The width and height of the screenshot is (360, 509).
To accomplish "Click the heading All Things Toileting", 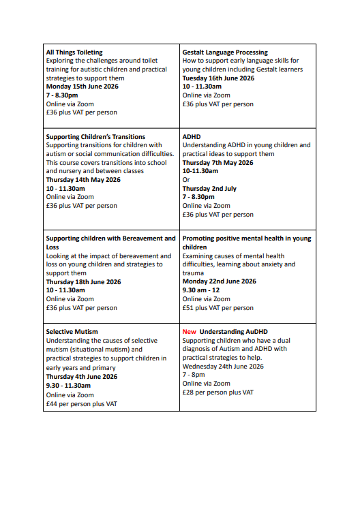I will coord(74,52).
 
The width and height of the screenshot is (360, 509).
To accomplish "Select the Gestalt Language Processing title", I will coord(225,52).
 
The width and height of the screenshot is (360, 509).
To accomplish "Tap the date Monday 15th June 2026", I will coord(83,87).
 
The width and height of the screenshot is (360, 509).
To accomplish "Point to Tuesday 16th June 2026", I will coord(218,78).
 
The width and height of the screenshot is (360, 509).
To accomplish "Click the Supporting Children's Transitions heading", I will coord(95,137).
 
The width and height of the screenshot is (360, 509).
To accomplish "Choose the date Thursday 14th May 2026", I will coord(83,180).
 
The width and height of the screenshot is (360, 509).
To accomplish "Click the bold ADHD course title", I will coord(191,137).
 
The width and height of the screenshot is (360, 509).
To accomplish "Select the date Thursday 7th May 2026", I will coord(217,163).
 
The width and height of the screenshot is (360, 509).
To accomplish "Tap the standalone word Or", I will coord(186,180).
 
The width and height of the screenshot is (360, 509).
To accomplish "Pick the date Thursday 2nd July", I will coord(211,188).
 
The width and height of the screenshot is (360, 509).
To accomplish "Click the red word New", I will coord(189,332).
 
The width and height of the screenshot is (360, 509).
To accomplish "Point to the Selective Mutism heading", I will coord(72,332).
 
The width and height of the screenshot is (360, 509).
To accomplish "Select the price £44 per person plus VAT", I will coord(81,403).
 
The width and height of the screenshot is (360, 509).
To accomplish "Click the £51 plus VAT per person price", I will coord(217,307).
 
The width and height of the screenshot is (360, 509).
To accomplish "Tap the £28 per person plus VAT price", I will coord(217,392).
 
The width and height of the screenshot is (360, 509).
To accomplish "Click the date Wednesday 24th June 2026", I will coord(223,366).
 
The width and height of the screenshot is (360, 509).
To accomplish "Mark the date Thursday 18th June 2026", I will coord(83,281).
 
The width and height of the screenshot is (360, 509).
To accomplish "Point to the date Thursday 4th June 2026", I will coord(81,377).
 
